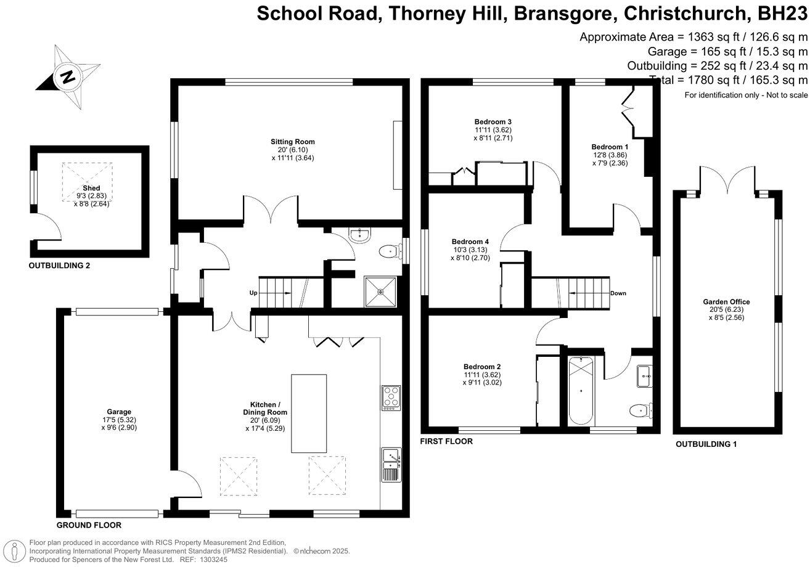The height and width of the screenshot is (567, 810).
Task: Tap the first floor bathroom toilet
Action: tap(639, 410)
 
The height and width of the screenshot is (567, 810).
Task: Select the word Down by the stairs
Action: tap(618, 293)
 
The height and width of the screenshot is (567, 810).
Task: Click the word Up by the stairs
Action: tap(253, 293)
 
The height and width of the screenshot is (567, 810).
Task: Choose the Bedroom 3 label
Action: tap(493, 121)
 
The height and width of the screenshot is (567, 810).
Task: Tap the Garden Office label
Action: tap(726, 301)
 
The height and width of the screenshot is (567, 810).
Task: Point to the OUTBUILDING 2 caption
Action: tap(64, 266)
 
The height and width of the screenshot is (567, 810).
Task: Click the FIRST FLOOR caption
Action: tap(446, 441)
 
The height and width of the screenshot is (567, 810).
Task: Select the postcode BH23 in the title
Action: tap(780, 14)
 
